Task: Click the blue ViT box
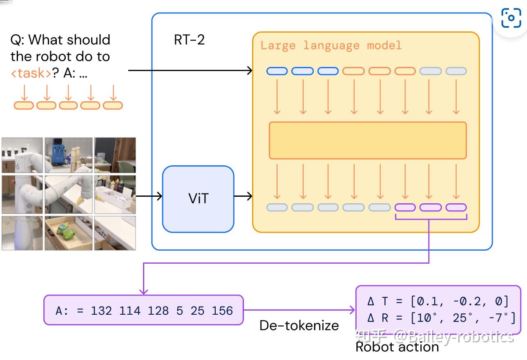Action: (198, 199)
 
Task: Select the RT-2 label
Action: (189, 40)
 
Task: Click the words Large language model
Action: (331, 45)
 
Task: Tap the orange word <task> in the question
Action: (31, 73)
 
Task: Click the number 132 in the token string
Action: (101, 311)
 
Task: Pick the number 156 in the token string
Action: (222, 311)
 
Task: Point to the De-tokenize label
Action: (299, 325)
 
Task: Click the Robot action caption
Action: (397, 347)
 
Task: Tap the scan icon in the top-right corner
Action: (511, 18)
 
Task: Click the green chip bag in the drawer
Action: (65, 231)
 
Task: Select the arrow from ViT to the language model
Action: (243, 197)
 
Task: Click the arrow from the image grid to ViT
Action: (149, 197)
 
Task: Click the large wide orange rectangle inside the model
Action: (367, 140)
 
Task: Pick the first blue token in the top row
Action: (277, 71)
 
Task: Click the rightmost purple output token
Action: (456, 207)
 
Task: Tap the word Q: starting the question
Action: (18, 40)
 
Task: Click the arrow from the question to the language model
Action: (190, 71)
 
